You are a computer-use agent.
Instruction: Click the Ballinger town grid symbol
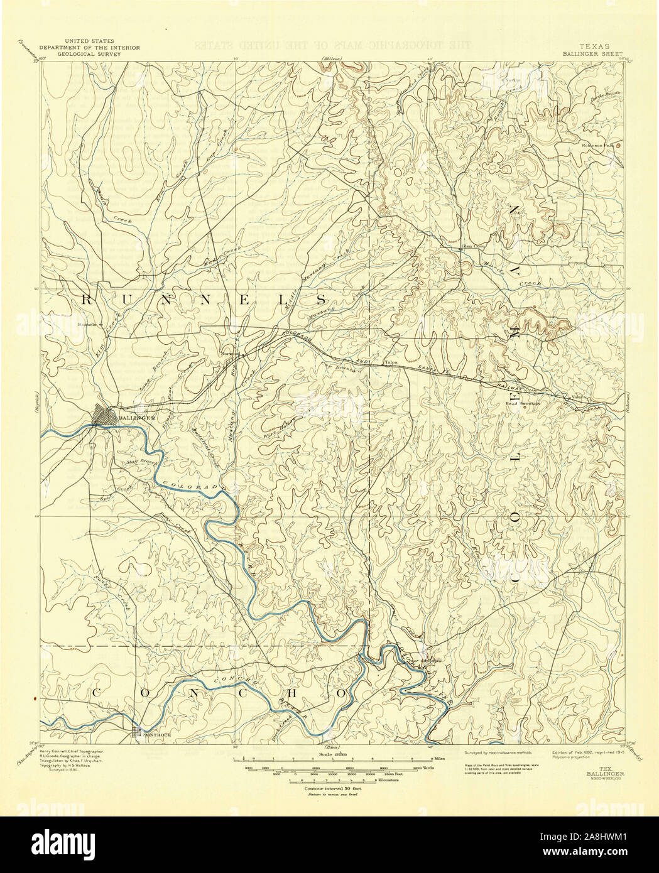[x=104, y=416]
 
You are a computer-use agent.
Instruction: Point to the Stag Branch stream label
[x=136, y=463]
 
